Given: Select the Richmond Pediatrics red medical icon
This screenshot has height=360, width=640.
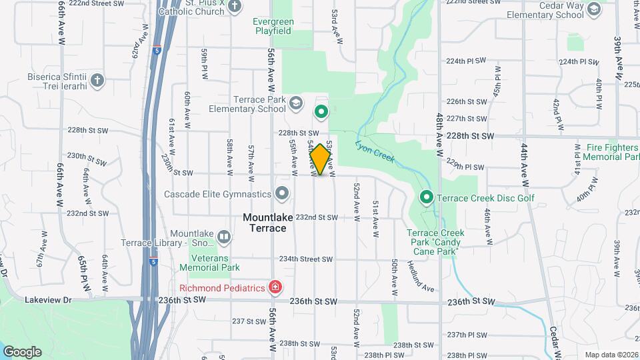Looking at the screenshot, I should (x=274, y=288).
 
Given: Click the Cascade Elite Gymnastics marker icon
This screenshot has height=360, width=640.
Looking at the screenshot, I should (x=282, y=194).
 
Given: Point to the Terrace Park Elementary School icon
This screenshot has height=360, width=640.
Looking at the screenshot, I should (x=296, y=103).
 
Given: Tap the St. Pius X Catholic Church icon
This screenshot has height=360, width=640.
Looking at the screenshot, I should (x=234, y=7).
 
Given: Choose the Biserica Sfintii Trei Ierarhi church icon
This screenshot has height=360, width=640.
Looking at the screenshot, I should (x=97, y=81).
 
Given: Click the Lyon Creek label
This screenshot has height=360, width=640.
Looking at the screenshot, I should (x=375, y=153).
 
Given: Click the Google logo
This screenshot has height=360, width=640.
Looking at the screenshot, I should (x=22, y=351).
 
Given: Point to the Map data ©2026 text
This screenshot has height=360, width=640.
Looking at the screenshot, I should (x=611, y=355).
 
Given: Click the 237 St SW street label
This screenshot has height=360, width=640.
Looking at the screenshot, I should (x=248, y=321).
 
